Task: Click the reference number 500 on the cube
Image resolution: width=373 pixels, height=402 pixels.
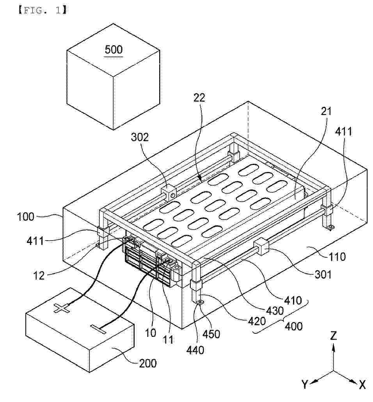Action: coord(114,49)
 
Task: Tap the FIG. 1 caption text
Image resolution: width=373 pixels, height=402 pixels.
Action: coord(43,10)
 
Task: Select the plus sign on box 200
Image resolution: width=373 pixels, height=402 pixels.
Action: coord(62,308)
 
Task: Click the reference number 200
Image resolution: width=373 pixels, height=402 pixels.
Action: coord(148,363)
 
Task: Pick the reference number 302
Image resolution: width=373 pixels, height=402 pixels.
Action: coord(140,137)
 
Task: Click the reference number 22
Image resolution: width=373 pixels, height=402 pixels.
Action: coord(199,98)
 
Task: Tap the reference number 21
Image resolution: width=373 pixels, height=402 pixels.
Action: coord(326,111)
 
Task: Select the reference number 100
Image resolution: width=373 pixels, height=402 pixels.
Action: coord(25,217)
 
